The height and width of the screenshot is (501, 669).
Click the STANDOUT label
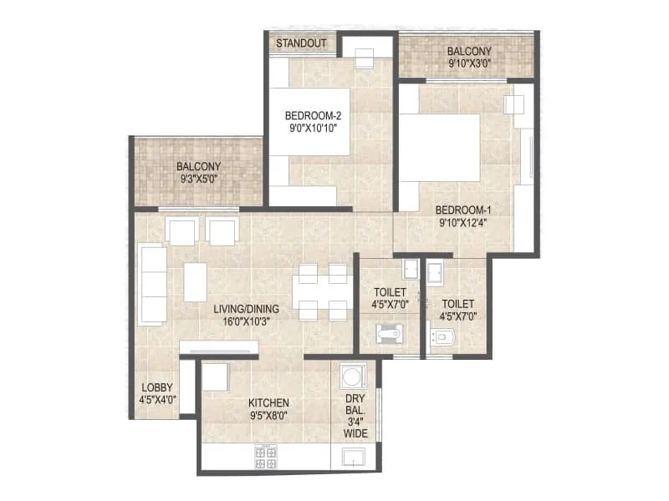(301, 43)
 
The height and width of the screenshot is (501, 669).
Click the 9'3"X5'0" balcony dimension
(198, 179)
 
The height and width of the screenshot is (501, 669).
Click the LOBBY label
(157, 387)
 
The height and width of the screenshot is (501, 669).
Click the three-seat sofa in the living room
(152, 284)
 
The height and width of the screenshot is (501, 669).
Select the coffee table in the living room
(196, 282)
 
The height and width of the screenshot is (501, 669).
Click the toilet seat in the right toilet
(442, 337)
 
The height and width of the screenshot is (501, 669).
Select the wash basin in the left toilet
(410, 269)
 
